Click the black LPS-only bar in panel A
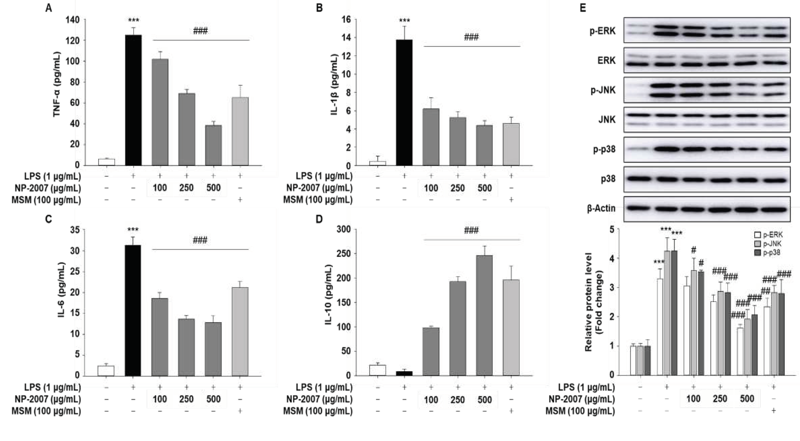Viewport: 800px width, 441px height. (x=133, y=100)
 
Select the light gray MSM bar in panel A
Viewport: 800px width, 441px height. (x=240, y=131)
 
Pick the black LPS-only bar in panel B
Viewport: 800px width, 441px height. (x=404, y=102)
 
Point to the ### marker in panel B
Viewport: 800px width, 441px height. (x=471, y=37)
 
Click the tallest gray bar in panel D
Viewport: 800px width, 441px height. (x=484, y=315)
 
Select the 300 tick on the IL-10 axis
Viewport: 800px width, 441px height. (x=343, y=229)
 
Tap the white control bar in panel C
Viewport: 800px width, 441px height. (x=106, y=371)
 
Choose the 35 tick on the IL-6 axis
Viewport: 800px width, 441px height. (x=75, y=230)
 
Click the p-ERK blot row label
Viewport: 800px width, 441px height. (x=603, y=31)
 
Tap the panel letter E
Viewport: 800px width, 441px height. (x=583, y=8)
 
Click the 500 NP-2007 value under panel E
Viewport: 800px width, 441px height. (x=747, y=399)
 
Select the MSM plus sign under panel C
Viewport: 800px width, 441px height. (x=240, y=411)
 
